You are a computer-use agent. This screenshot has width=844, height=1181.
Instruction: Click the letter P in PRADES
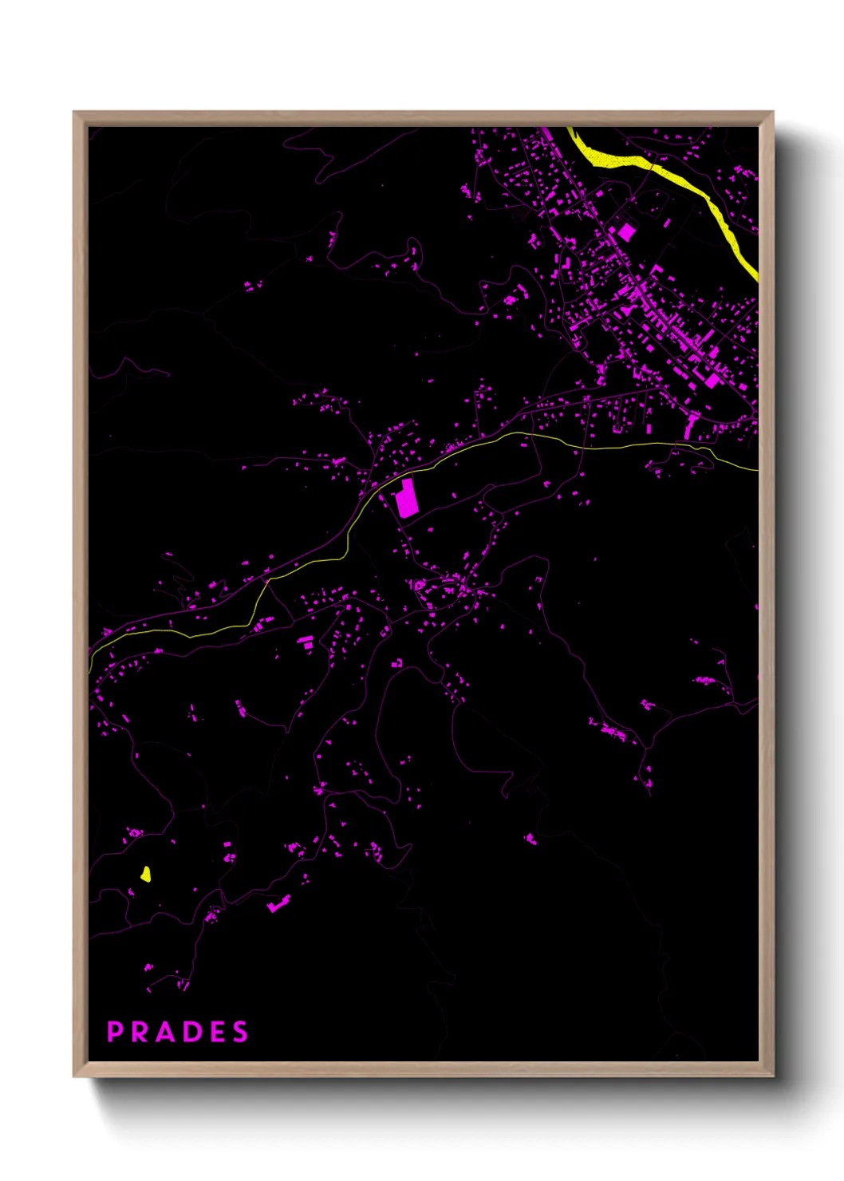114,1032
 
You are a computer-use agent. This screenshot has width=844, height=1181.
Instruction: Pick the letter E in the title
216,1032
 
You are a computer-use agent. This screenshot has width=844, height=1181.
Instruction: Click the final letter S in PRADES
240,1032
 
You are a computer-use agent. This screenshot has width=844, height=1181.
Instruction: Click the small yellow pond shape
145,874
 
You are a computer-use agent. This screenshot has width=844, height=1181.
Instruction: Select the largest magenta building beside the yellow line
407,500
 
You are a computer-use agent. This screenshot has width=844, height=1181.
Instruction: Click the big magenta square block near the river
626,232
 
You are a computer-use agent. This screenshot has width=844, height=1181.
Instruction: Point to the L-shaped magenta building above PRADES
278,904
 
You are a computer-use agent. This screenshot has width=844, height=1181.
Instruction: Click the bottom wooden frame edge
423,1068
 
